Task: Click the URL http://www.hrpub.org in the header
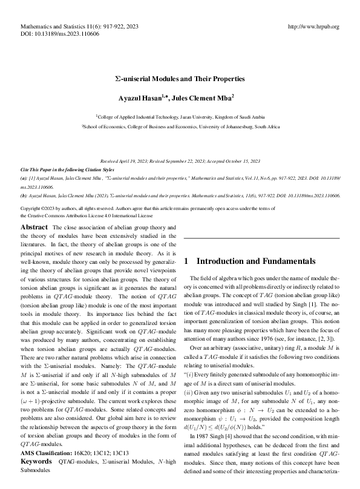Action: coord(315,27)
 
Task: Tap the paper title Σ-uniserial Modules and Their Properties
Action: coord(180,79)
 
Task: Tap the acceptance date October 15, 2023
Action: coord(241,162)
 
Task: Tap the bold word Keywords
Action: coord(37,461)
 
